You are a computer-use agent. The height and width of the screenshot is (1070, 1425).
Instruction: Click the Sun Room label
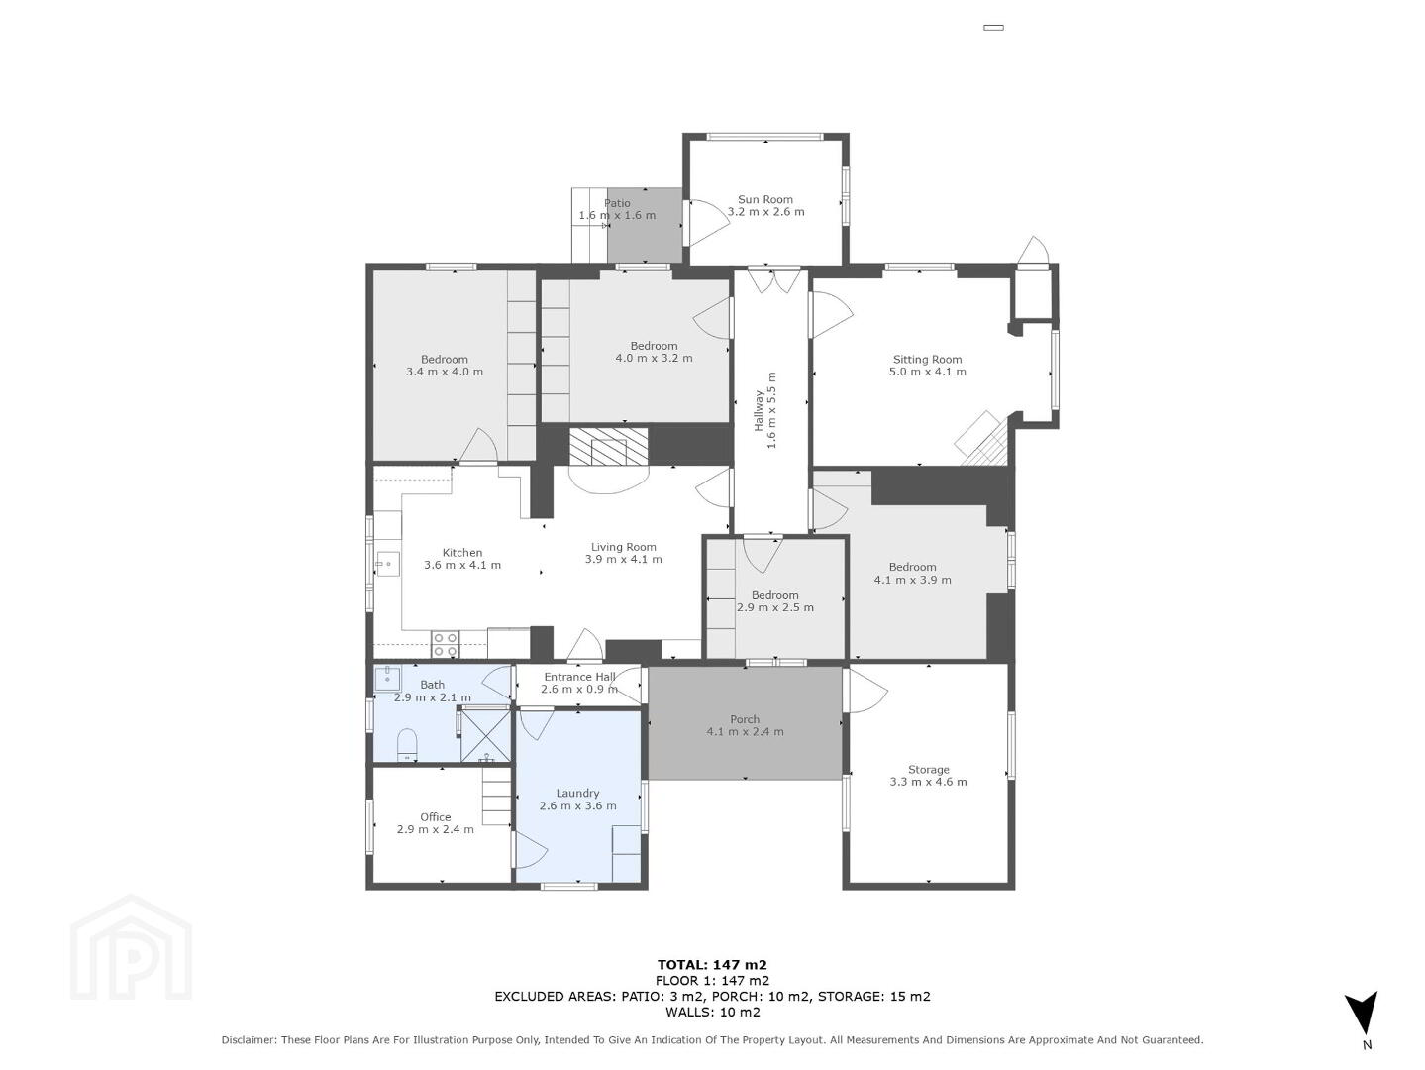764,199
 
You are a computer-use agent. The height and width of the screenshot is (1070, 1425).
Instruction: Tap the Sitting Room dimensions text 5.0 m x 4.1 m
927,372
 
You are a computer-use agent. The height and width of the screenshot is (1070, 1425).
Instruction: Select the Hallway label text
758,410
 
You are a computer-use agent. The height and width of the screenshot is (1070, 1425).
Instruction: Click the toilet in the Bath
406,744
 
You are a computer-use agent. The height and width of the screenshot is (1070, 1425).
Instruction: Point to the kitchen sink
387,564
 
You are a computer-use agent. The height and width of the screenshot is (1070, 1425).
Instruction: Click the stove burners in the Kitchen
446,643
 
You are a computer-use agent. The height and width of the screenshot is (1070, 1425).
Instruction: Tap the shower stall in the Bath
485,734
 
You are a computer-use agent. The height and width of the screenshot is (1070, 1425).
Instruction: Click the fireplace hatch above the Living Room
608,446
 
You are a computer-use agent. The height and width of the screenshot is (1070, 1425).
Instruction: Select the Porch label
745,719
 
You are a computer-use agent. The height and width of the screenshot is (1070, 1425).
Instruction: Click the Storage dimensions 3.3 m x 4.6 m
928,782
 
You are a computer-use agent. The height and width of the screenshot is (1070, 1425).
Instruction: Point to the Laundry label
577,793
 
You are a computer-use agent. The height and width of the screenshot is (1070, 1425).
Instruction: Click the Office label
435,816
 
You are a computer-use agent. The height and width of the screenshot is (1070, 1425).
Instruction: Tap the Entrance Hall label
579,677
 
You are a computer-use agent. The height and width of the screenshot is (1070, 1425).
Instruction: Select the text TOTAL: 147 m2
712,965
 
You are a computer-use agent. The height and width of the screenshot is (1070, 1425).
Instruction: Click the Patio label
617,203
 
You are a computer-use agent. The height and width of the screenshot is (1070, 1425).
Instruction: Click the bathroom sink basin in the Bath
387,678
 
